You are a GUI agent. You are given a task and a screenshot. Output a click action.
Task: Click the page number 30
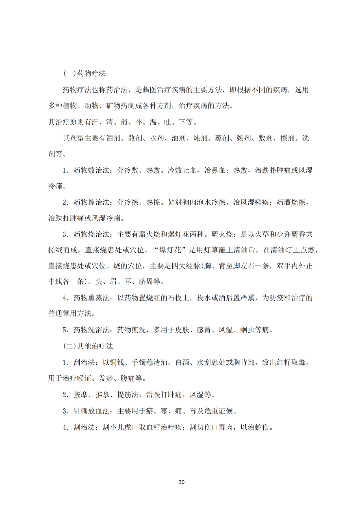pyautogui.click(x=181, y=482)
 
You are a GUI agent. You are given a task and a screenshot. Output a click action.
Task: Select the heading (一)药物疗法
pyautogui.click(x=84, y=73)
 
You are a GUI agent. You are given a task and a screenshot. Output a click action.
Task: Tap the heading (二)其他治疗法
pyautogui.click(x=88, y=346)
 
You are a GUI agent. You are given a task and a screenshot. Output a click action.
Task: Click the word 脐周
pyautogui.click(x=146, y=281)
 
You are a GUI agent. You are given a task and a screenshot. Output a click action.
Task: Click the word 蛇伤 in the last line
pyautogui.click(x=262, y=427)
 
